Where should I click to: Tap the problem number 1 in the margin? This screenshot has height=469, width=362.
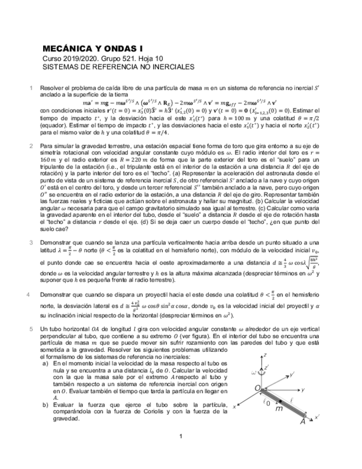pos(32,87)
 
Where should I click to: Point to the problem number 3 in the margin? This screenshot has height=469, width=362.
pos(32,242)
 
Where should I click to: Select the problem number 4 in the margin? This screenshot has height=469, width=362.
pos(29,294)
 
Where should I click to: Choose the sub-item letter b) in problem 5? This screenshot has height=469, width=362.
pos(45,405)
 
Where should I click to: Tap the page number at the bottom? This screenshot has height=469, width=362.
pos(181,437)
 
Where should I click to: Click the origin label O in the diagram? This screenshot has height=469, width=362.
pos(257,389)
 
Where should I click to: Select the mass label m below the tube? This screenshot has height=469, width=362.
pos(279,410)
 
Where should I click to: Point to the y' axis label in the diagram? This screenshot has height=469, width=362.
pos(292,374)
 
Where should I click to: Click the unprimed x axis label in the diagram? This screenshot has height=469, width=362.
pos(235,406)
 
